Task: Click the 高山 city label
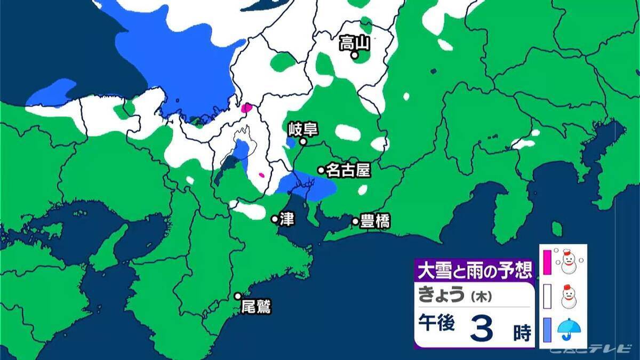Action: click(x=354, y=43)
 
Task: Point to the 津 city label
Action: click(x=287, y=220)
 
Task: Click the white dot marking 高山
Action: click(x=354, y=54)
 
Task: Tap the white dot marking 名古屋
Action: click(x=321, y=170)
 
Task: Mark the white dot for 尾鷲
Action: click(x=238, y=296)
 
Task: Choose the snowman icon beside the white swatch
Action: click(x=569, y=296)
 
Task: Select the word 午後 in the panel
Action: click(x=437, y=324)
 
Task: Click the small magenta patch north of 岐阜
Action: click(x=246, y=108)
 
